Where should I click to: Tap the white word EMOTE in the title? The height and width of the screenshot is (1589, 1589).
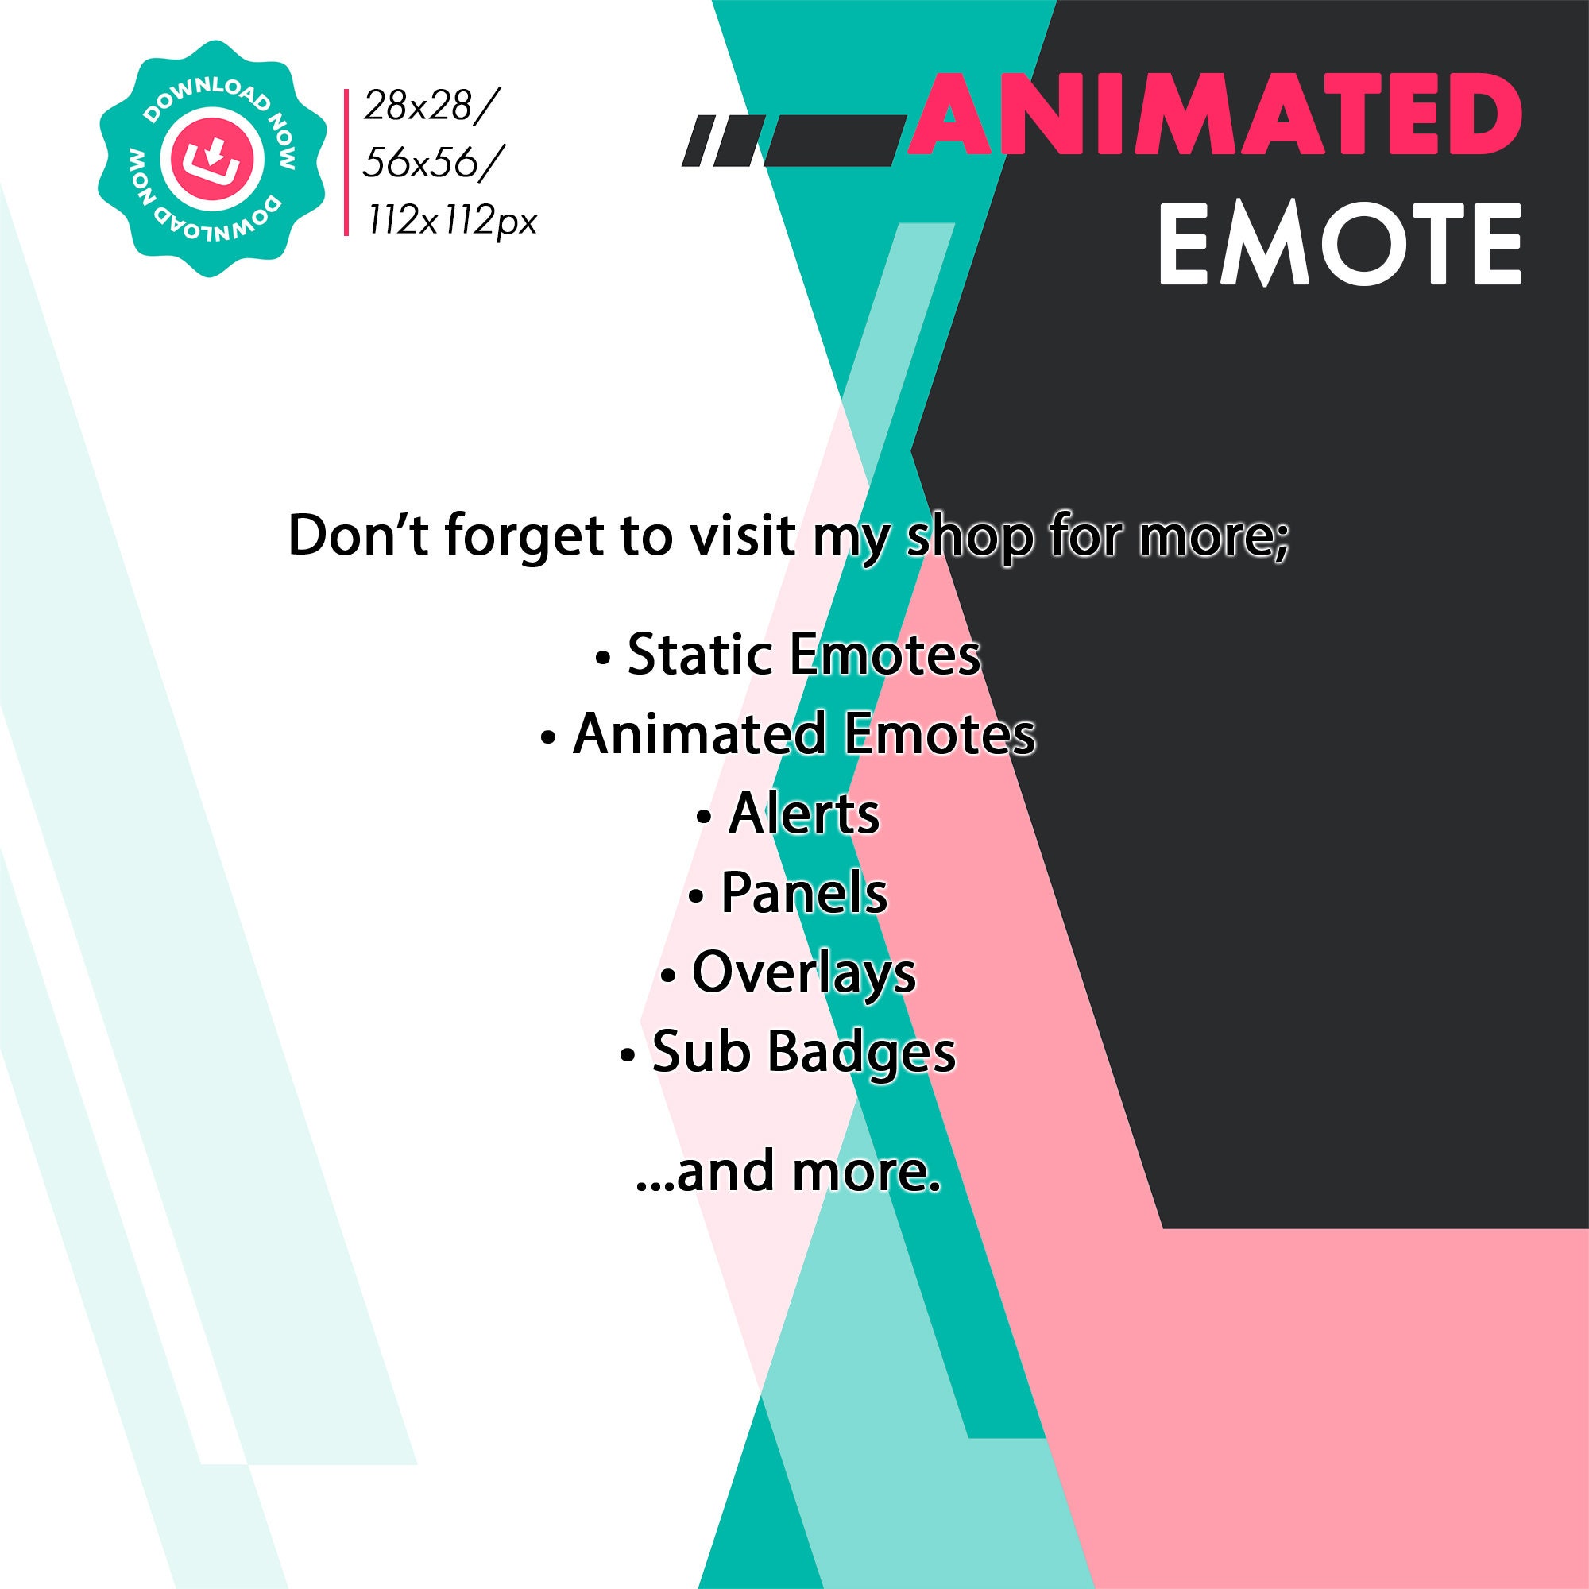(1340, 245)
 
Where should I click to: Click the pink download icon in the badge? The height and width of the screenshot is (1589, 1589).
(212, 159)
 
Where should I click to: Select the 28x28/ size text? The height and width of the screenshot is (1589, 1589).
(430, 106)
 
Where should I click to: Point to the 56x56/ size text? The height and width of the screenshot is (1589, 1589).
(428, 164)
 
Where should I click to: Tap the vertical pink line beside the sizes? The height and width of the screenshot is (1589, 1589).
(346, 162)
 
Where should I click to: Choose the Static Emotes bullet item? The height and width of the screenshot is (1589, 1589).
(788, 655)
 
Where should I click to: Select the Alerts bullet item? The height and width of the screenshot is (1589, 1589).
(788, 814)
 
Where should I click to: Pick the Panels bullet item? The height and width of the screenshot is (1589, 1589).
(788, 893)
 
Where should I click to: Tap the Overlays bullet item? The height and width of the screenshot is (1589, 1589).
(788, 973)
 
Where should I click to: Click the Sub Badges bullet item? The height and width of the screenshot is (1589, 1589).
(788, 1053)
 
